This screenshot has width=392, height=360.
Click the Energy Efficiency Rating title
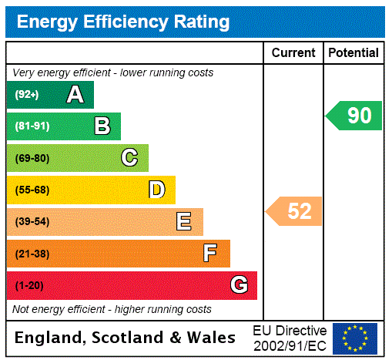point(123,22)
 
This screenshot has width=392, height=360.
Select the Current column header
point(293,53)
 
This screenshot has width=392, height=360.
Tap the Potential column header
point(353,53)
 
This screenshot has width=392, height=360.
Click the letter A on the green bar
point(75,95)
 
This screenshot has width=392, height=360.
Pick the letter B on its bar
point(102,126)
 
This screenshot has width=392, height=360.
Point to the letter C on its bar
point(129,158)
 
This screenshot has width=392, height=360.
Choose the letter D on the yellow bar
point(156,190)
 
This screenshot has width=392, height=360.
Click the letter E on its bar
point(184,222)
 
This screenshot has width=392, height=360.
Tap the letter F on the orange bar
point(210,254)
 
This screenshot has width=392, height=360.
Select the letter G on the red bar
point(239,286)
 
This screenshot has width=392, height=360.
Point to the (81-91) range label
point(32,126)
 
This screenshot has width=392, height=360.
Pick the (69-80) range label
point(32,158)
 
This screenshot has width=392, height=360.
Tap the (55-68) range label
point(32,190)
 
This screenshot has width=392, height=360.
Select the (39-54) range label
point(32,222)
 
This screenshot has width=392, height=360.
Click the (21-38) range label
point(32,254)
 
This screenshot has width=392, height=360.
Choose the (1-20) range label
point(29,286)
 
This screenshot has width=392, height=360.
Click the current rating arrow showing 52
point(295,211)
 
